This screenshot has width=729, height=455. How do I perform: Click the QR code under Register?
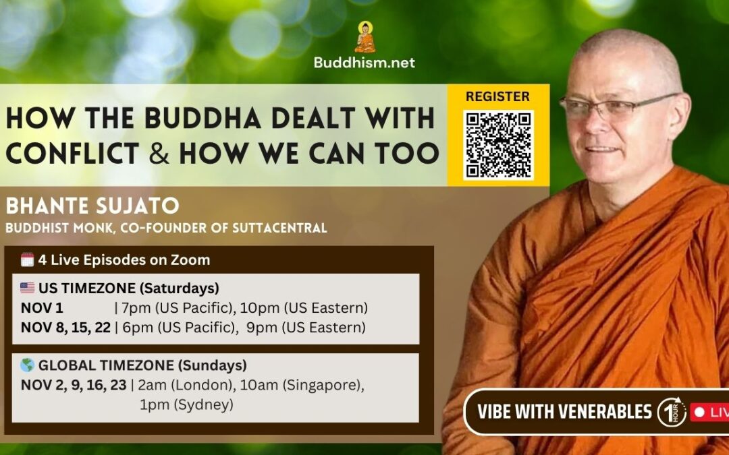(x=498, y=144)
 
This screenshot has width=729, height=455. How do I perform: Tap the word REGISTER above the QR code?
(x=497, y=96)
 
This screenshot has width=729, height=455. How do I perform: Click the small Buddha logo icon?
(x=364, y=38)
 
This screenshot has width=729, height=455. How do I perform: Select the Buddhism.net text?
(x=364, y=63)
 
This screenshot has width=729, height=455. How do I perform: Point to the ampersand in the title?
(x=159, y=154)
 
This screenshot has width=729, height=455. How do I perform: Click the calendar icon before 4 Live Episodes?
(x=27, y=260)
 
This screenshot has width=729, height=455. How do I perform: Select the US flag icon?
(x=27, y=288)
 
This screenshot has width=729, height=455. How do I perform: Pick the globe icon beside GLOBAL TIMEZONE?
(x=27, y=365)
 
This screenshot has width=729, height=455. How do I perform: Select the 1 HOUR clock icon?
(x=671, y=412)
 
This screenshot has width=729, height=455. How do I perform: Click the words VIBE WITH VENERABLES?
(x=564, y=412)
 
